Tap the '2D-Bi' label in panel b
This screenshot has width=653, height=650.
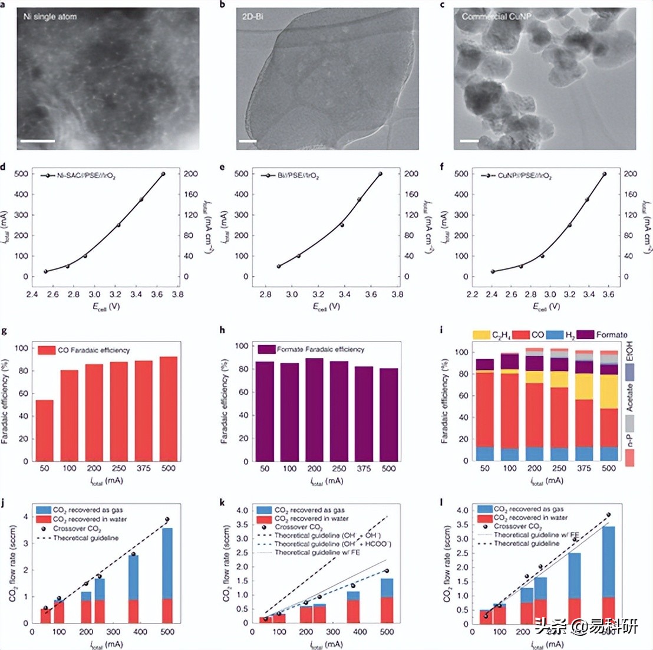252,17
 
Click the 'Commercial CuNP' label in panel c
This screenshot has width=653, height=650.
496,17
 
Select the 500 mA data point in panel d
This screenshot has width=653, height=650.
163,174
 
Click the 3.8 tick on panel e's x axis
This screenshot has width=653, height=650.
398,294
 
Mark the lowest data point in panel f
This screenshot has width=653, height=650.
493,271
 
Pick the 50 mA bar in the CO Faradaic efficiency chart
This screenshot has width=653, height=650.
45,431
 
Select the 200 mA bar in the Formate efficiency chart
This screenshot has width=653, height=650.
314,409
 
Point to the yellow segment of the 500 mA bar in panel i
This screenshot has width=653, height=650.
609,392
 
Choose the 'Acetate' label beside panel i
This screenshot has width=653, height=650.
629,398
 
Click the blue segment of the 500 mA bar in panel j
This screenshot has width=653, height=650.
167,563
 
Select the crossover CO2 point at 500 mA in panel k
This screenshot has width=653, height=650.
387,570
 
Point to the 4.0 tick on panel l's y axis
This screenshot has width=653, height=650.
463,510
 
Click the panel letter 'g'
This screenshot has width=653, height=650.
5,331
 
